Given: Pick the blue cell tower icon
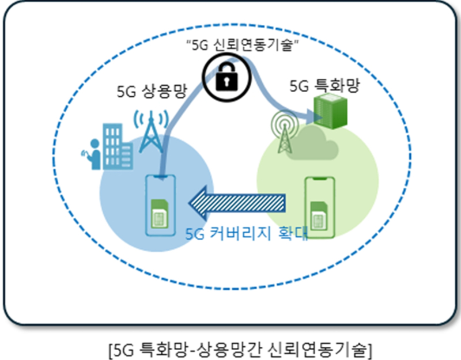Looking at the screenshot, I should pos(150,130).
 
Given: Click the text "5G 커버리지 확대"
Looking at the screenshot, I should pos(247,235).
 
